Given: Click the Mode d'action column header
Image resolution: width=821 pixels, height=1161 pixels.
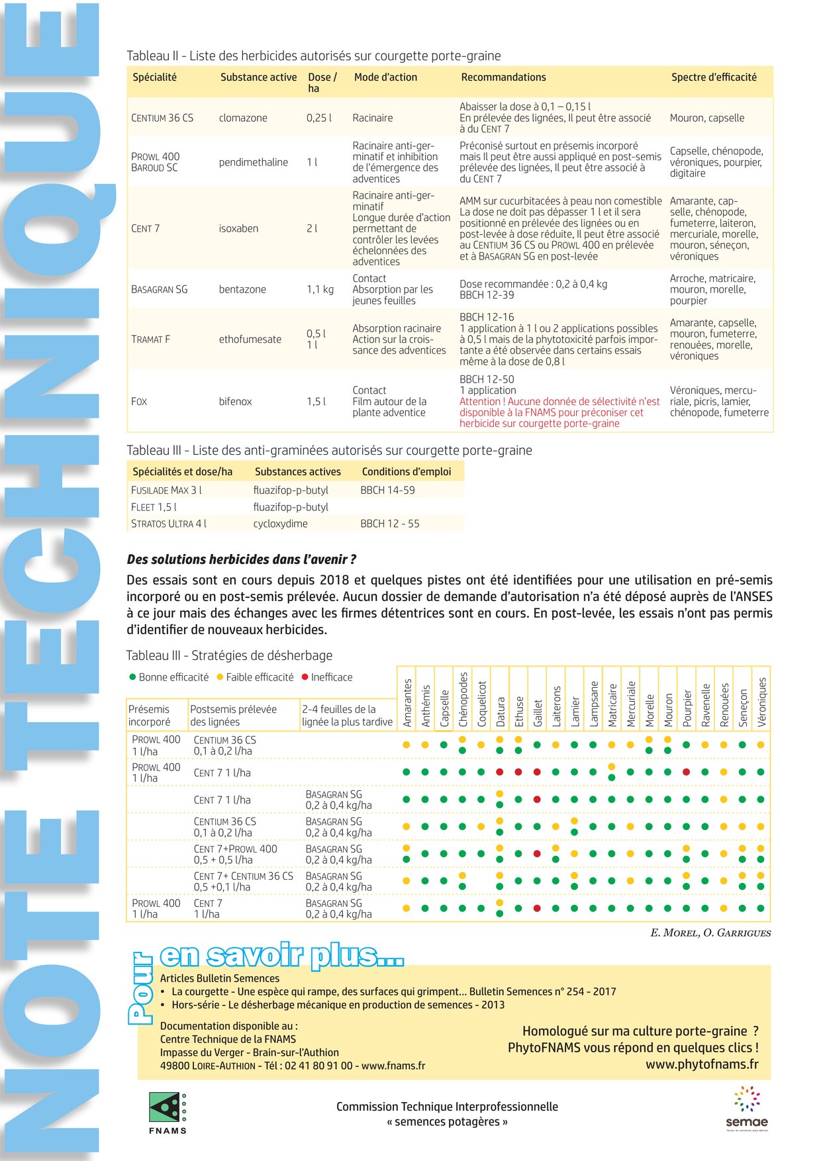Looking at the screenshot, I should coord(385,77).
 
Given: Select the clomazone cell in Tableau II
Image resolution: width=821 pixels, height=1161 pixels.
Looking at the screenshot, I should coord(243,118).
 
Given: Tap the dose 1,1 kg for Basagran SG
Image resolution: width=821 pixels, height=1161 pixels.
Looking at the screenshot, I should coord(320,289).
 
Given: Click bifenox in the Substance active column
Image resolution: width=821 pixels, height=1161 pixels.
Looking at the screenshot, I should coord(235,401).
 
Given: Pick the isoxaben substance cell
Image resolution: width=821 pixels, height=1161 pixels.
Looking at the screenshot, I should coord(238,228).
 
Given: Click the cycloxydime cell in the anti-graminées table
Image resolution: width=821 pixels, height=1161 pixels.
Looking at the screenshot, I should coord(280,524).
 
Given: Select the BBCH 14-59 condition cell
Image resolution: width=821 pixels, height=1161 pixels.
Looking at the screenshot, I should coord(387,490).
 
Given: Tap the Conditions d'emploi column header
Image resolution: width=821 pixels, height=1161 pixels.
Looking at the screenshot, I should coord(406,472).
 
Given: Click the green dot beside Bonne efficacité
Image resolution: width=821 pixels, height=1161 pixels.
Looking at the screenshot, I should coord(132,677).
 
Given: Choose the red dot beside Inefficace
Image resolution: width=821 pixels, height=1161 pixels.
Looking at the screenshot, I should coord(305,677).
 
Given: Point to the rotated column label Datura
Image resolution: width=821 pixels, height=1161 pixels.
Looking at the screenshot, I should coord(501,712).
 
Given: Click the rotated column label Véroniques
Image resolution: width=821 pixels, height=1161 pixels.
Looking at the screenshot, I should coord(761,702).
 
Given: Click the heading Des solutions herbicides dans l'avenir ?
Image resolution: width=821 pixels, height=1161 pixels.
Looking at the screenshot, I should coord(241,559).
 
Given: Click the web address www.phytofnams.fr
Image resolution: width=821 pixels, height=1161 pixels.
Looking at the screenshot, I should coord(702,1064).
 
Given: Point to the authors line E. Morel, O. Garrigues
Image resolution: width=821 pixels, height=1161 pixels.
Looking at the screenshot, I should coord(710,933).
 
